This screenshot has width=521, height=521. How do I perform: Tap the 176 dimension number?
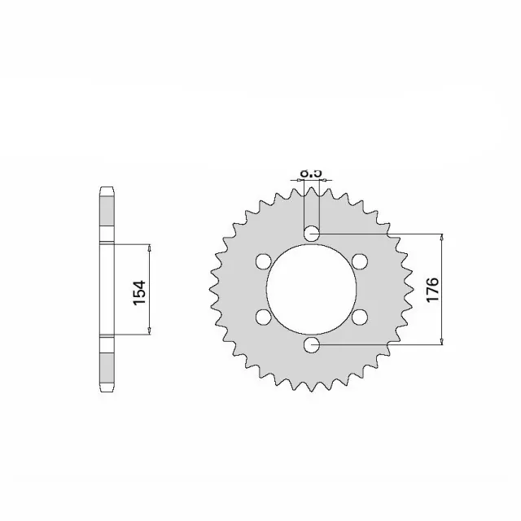point(432,290)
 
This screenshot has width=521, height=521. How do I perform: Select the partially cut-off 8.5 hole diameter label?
point(312,173)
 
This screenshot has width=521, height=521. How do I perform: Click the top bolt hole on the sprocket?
point(312,234)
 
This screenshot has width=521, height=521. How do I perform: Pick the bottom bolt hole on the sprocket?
point(312,345)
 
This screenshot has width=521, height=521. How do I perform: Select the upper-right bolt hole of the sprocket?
point(360,261)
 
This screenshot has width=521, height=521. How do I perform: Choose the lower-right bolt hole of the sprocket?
point(360,317)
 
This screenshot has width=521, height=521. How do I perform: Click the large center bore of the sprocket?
point(312,290)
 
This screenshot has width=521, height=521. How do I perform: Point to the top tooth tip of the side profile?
point(105,190)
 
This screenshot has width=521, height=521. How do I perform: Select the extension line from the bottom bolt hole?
point(383,345)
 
